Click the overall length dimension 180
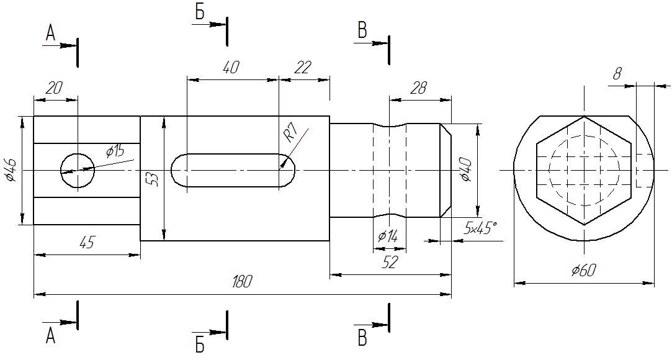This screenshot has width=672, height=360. click(242, 282)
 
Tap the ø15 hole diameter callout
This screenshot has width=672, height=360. click(115, 151)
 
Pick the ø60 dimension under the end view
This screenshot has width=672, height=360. click(584, 271)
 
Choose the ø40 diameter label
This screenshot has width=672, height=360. click(466, 170)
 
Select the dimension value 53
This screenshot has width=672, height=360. click(155, 179)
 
